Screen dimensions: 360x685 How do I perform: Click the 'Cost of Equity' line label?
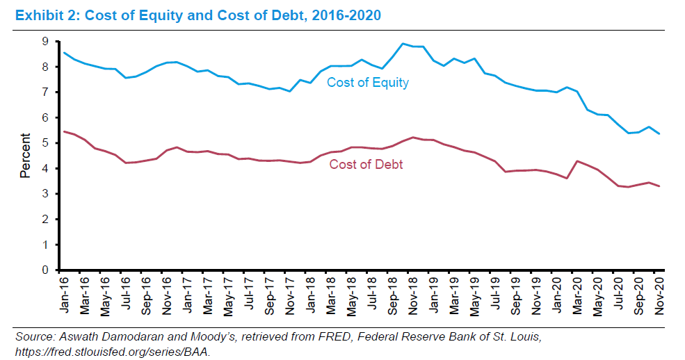point(368,83)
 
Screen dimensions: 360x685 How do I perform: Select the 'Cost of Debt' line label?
point(366,165)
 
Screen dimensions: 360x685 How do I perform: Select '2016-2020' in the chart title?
point(347,15)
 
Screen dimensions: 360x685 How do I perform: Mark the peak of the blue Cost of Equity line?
point(403,44)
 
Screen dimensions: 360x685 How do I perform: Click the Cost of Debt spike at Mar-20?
point(577,161)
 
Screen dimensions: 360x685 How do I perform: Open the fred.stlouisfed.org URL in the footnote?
point(111,351)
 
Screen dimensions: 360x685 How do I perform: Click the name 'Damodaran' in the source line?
point(119,337)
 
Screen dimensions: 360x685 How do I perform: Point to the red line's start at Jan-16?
point(64,131)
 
